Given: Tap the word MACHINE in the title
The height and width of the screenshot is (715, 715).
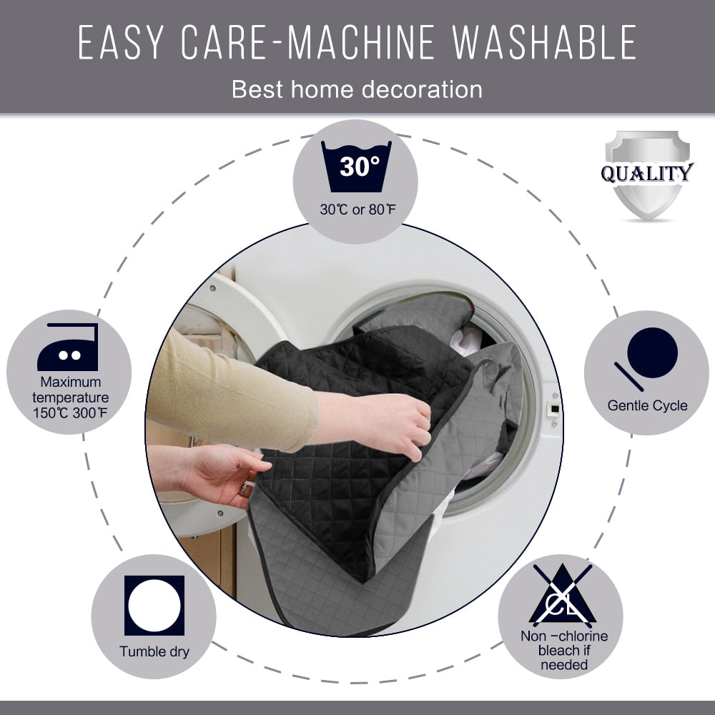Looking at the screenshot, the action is pos(361,42).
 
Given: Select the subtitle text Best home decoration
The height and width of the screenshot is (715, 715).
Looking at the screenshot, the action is pos(357,89).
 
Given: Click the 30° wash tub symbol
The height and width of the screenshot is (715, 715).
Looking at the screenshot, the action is pos(356,167).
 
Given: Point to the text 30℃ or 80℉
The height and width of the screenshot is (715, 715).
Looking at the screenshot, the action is pos(358,209).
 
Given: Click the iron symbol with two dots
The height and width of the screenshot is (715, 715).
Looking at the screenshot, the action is pos(68,347).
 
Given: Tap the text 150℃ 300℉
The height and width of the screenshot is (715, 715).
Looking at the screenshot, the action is pos(70,413).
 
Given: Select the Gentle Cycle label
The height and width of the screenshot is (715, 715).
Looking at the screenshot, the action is pos(647,405).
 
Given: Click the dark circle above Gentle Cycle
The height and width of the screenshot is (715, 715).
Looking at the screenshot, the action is pos(652,352).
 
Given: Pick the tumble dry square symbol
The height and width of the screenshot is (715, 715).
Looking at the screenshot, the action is pos(154,606).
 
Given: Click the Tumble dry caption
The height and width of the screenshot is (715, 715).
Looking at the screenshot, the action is pos(154,651).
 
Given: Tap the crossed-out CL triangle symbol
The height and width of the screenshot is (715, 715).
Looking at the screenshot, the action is pos(563,595).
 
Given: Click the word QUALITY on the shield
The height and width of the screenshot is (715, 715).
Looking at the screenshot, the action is pos(647,173).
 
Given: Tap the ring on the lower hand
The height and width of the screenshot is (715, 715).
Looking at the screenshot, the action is pos(244,490).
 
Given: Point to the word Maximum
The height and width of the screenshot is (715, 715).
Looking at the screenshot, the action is pos(71,382).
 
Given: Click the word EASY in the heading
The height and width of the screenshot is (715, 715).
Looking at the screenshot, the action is pos(121,42).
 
